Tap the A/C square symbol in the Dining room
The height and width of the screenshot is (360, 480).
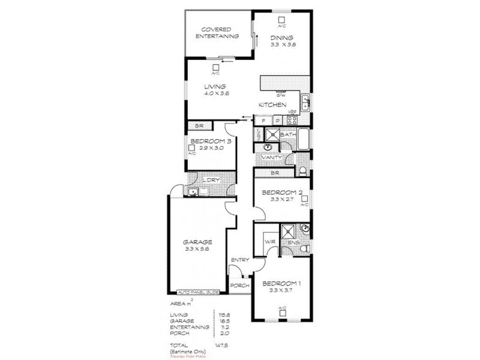[x=281, y=19]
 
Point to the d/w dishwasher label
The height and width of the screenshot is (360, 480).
[x=280, y=95]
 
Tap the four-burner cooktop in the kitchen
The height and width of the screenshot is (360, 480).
[x=293, y=119]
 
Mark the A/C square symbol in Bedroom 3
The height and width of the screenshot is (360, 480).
[x=191, y=146]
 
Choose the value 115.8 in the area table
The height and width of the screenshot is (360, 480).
[x=226, y=314]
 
